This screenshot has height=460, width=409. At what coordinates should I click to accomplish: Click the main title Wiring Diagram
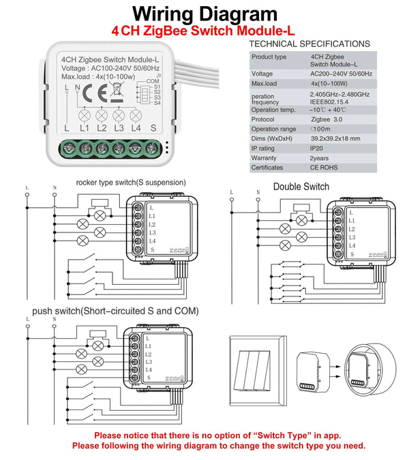[204, 14]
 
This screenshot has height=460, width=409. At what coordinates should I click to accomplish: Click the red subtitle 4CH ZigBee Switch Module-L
[204, 31]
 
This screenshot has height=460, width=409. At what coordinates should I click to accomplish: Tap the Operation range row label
[273, 128]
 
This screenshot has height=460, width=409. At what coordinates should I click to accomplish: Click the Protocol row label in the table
[263, 119]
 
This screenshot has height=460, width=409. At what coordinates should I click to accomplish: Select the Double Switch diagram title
[301, 186]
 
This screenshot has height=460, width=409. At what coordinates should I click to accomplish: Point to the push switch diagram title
[115, 311]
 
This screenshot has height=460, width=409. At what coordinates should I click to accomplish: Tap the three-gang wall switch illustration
[259, 368]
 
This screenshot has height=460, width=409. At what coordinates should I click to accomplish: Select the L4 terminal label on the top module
[135, 127]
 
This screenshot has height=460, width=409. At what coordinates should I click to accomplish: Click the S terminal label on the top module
[153, 127]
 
